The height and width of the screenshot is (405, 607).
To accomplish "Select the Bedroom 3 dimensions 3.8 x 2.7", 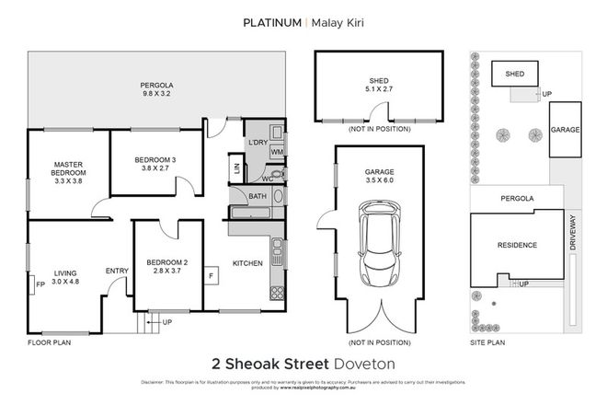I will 154,169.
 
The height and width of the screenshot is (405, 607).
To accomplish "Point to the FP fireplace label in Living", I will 39,283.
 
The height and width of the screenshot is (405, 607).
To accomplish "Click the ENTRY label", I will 117,270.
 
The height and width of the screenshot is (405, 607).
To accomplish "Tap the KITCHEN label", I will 247,262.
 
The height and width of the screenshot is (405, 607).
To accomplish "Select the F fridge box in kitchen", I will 211,274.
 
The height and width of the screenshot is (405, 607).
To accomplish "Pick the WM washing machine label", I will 276,151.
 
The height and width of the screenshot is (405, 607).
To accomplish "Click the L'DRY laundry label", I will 257,142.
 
